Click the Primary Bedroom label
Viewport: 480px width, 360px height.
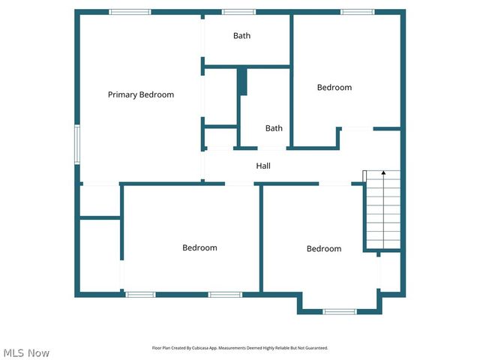(141, 94)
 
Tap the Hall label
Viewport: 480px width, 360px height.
(263, 166)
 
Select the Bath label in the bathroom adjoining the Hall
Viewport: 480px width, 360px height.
(274, 128)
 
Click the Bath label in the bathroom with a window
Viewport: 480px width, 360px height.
(241, 35)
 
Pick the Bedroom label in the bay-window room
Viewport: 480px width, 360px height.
(323, 248)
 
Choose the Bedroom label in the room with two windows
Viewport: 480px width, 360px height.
(199, 247)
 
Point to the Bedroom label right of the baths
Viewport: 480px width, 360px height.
(334, 88)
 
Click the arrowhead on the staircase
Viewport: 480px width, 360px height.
(383, 173)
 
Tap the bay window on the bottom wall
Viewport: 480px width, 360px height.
(339, 311)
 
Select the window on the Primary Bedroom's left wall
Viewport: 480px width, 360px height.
(76, 144)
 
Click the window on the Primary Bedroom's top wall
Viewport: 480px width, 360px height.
(130, 12)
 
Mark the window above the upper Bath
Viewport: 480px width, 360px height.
(238, 12)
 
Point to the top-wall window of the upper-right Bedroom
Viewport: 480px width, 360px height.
(357, 12)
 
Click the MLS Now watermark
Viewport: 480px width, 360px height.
(26, 352)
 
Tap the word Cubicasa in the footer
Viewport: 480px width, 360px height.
(201, 348)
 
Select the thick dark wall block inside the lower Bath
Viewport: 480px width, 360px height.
(241, 82)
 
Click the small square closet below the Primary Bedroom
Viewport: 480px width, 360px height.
(100, 200)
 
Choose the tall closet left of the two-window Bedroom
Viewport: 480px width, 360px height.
(100, 255)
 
